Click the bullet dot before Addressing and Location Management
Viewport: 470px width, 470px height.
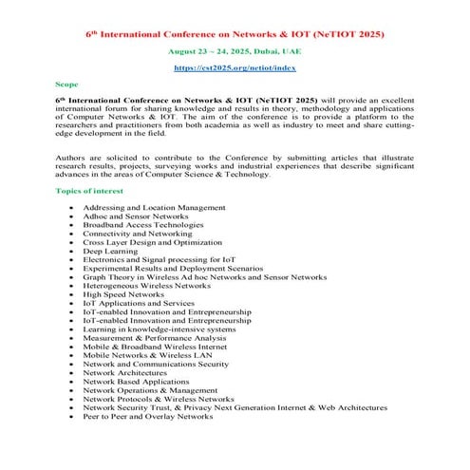pos(70,207)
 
